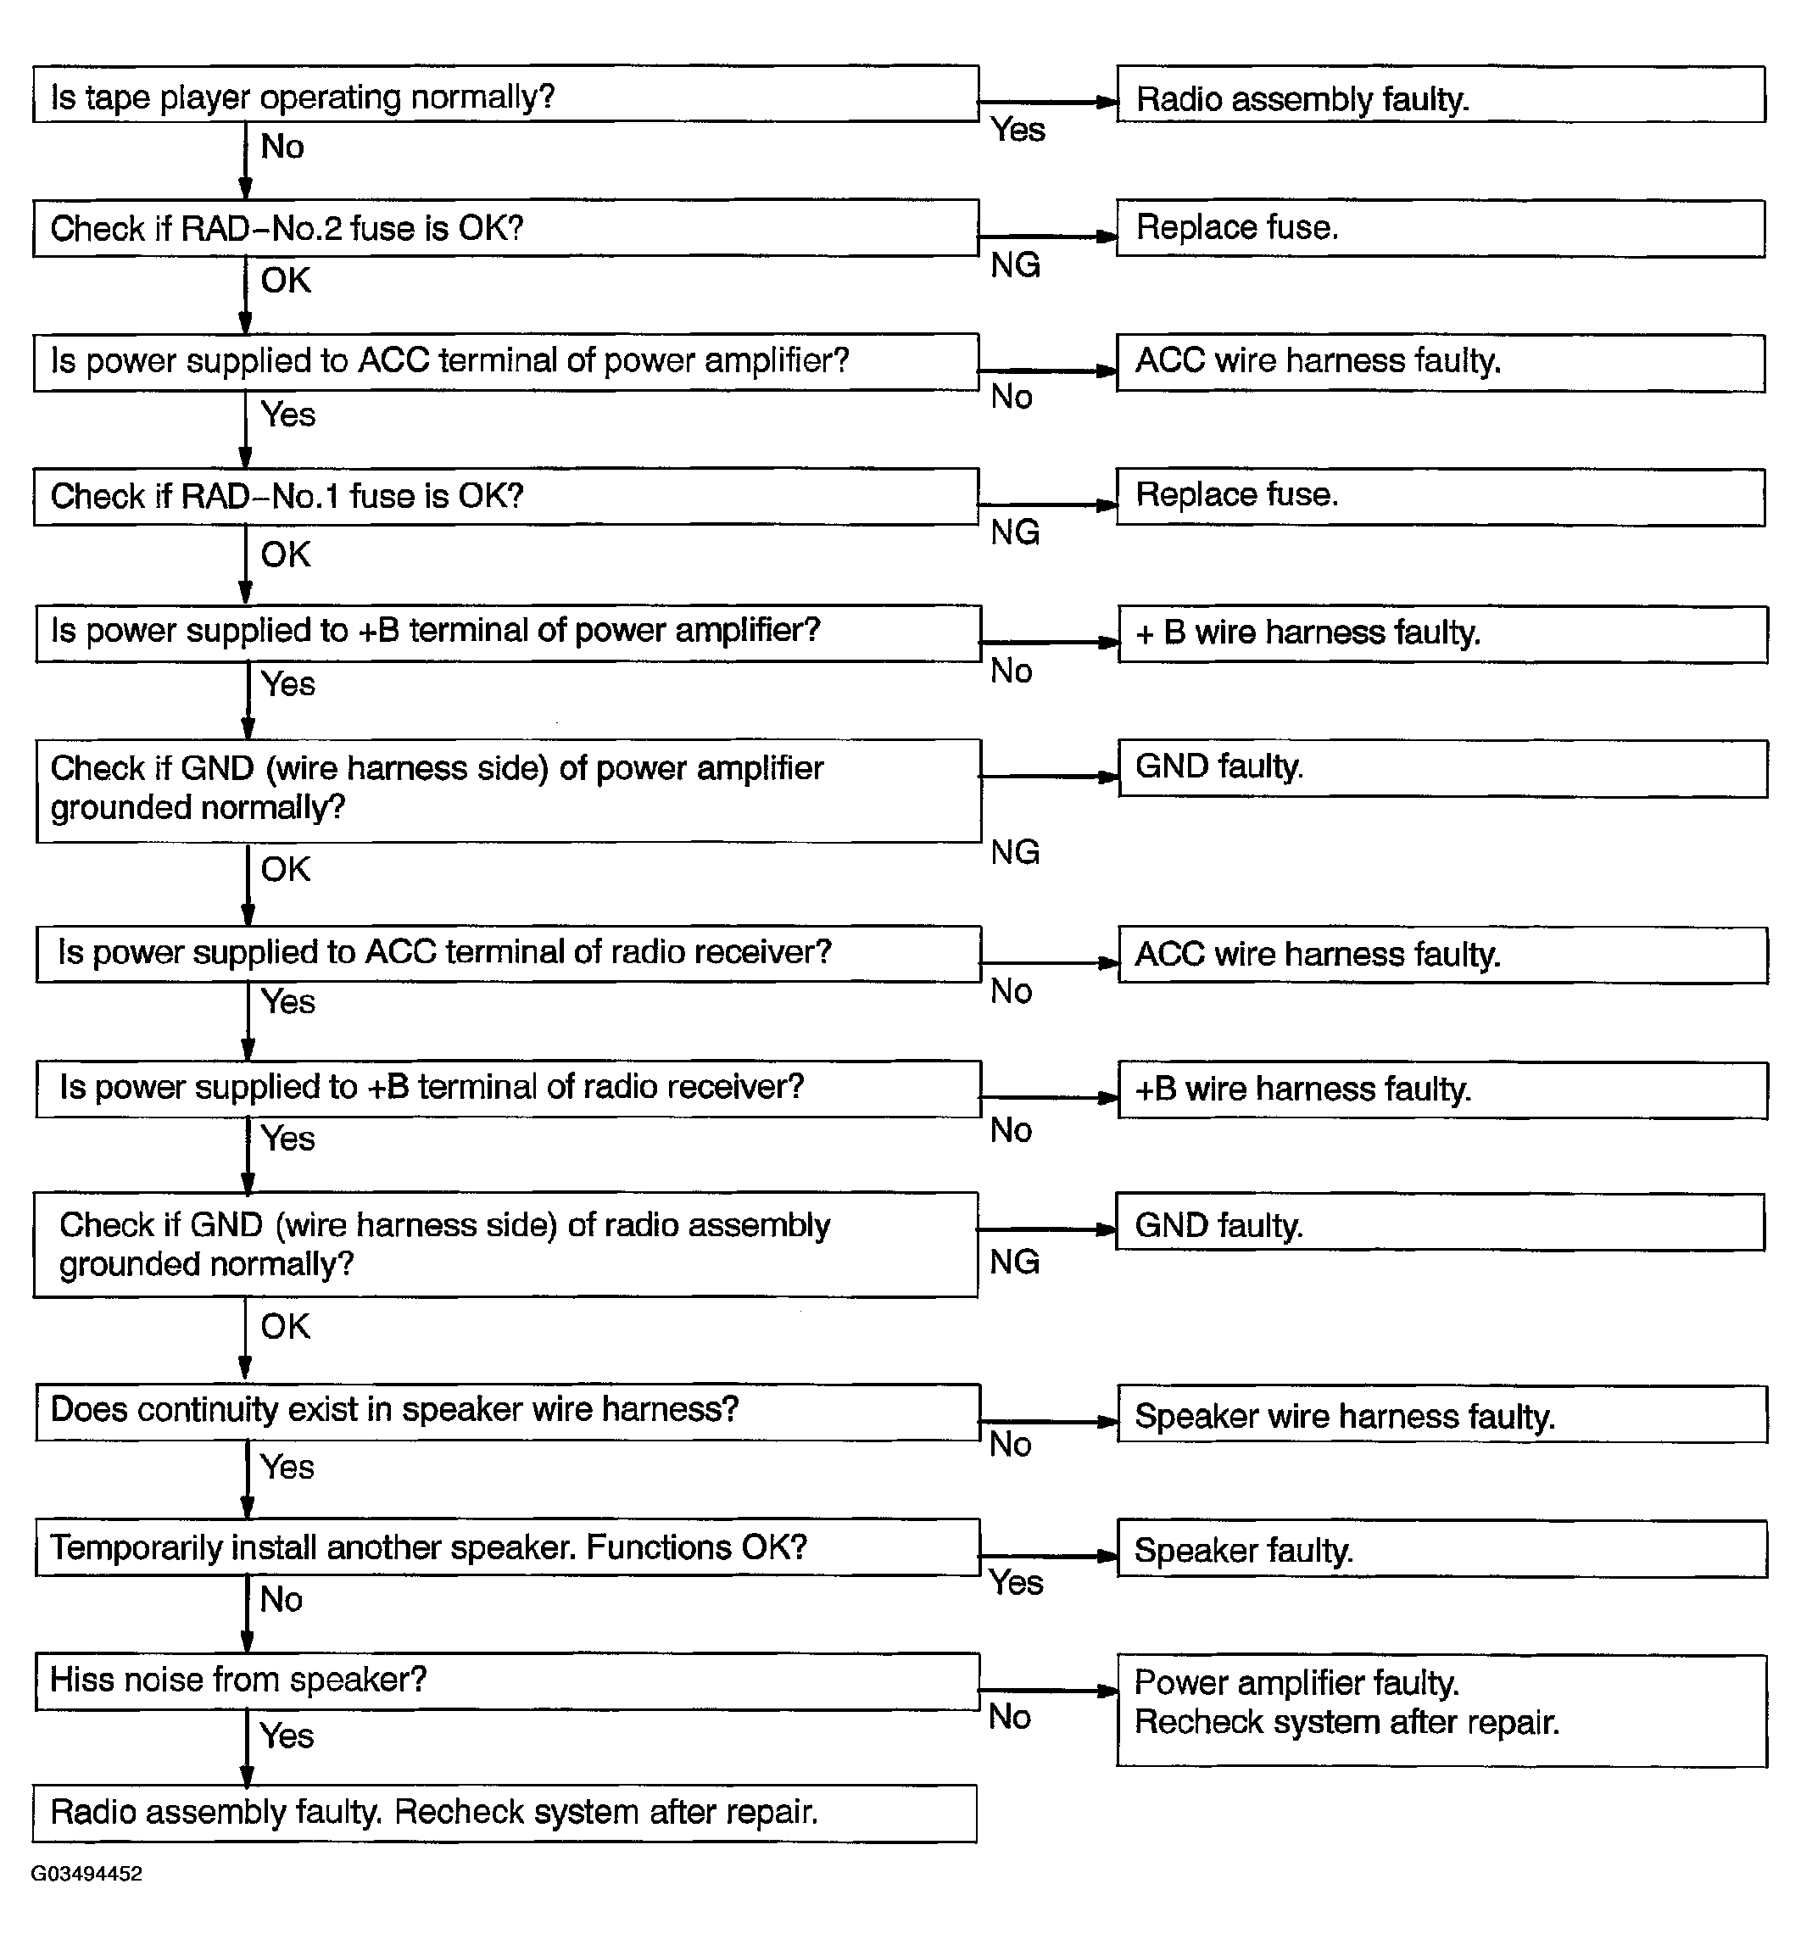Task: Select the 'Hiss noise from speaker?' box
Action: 507,1681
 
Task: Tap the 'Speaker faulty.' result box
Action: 1441,1549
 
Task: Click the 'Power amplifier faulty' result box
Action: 1441,1710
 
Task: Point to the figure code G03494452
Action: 86,1874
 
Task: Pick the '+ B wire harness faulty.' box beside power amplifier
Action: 1442,633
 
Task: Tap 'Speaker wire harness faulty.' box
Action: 1441,1415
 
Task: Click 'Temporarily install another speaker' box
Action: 507,1547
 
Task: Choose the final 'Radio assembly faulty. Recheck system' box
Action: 505,1814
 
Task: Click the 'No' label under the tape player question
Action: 282,148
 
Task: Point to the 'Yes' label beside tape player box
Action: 1018,130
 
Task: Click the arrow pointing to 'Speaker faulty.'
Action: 1049,1556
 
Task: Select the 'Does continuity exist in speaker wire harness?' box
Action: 507,1412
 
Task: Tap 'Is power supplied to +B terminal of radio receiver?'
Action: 507,1089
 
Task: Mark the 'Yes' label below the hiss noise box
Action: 287,1736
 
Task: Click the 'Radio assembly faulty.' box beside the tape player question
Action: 1441,94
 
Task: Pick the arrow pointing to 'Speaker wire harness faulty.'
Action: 1049,1422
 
